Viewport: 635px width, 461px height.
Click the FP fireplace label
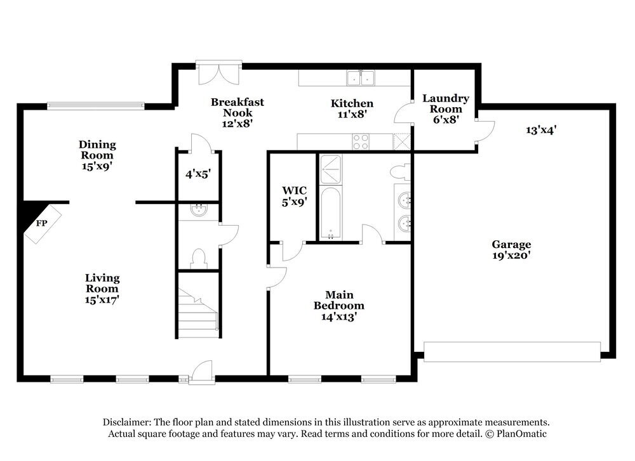click(x=42, y=223)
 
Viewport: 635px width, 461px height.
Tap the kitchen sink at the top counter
click(x=361, y=77)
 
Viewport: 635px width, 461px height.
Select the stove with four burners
click(x=361, y=141)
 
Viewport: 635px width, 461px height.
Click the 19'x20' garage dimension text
click(x=511, y=256)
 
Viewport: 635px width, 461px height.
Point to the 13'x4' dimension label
click(x=541, y=130)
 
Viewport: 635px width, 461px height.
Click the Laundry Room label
click(x=446, y=103)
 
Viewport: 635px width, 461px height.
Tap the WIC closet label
click(x=295, y=190)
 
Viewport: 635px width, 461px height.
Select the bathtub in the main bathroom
click(x=330, y=213)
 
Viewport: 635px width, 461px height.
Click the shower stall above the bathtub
click(x=330, y=169)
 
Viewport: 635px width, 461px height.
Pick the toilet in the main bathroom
click(x=401, y=172)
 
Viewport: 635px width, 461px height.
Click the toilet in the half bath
click(x=198, y=259)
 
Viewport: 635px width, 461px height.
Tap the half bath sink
click(x=198, y=211)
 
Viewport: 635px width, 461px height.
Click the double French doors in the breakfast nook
click(x=219, y=73)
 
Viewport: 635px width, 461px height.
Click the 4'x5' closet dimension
click(x=198, y=174)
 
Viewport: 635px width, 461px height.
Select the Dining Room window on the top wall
click(x=96, y=106)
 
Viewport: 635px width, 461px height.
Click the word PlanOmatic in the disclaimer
click(x=521, y=434)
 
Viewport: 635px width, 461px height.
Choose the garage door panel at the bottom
click(x=512, y=351)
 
